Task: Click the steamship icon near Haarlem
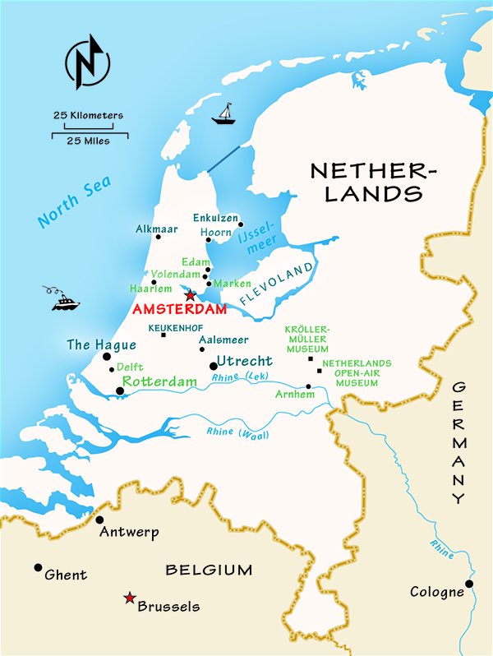(65, 300)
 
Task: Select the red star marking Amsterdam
(190, 295)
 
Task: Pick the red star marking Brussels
(129, 598)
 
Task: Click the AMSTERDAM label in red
(179, 310)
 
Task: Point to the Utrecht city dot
(214, 366)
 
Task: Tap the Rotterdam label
(160, 382)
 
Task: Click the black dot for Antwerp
(100, 520)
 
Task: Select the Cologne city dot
(469, 584)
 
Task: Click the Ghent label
(66, 575)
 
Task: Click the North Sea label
(75, 203)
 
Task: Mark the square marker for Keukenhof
(164, 335)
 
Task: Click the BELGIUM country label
(209, 570)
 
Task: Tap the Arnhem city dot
(309, 386)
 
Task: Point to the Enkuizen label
(215, 218)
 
